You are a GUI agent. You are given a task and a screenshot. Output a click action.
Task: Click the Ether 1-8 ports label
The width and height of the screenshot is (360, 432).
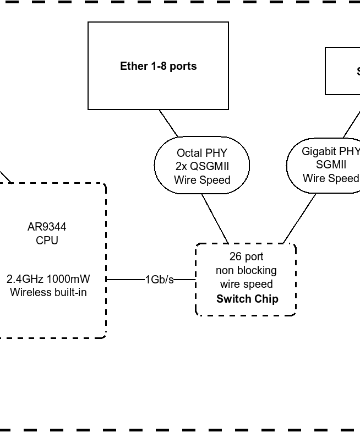point(158,66)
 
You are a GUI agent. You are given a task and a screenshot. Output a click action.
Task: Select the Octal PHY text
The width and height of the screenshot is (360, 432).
point(201,153)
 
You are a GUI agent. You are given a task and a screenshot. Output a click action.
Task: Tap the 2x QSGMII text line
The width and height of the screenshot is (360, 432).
point(201,166)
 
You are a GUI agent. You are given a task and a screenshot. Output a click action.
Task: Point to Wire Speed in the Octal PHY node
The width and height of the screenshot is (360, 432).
point(201,180)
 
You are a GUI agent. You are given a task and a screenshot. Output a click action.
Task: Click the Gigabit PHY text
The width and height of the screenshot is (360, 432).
point(330,151)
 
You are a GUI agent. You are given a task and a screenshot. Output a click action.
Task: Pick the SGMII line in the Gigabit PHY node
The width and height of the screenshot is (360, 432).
point(331,165)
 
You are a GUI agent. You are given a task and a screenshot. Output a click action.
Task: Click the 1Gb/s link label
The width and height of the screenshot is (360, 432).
point(159,280)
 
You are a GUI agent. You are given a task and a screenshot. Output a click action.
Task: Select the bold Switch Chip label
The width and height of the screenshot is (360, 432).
point(247,299)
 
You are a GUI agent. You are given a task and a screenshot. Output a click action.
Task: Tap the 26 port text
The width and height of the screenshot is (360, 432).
point(246,256)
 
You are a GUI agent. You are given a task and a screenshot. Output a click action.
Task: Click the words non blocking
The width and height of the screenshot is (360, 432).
point(246,270)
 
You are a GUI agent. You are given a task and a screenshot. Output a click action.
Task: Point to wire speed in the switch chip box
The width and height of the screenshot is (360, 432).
point(246,284)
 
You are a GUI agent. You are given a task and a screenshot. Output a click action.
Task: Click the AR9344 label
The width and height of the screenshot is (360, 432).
point(47,227)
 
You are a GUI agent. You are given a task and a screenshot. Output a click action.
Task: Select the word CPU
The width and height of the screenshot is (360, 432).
point(47,240)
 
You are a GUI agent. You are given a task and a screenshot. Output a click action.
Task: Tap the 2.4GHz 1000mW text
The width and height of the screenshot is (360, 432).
point(48,279)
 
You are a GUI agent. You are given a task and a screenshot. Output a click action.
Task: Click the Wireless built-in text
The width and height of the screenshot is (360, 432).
point(48,292)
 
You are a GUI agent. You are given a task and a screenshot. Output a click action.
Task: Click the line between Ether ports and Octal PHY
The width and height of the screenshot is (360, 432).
point(168,123)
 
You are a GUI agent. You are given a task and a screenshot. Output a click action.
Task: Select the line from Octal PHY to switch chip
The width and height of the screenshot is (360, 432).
point(215,218)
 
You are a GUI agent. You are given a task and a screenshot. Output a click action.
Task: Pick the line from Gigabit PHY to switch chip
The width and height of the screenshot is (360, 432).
point(299,218)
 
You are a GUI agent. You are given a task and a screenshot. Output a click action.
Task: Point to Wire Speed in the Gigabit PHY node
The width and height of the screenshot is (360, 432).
point(330,178)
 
